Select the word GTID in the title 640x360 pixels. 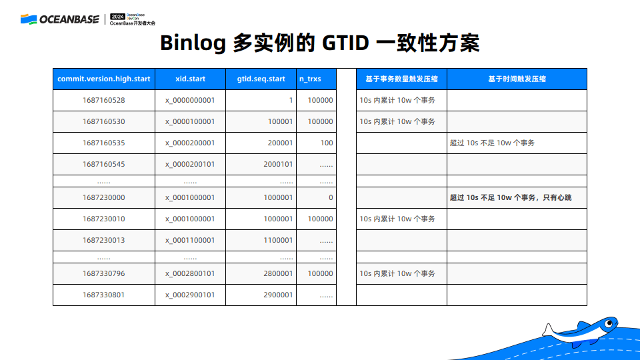(345, 43)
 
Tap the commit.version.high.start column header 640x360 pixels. (104, 79)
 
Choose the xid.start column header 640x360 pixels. (190, 79)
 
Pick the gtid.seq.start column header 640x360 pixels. (261, 79)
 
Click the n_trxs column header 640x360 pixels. (310, 79)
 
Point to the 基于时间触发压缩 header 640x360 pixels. (517, 79)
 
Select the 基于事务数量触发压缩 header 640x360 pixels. (401, 79)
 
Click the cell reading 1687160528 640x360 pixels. (104, 100)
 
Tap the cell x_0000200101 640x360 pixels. (190, 164)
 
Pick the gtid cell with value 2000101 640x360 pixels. (278, 164)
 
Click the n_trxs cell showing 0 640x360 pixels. (331, 197)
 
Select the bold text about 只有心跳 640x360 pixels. (511, 197)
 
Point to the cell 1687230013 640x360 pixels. (104, 240)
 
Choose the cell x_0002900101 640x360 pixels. (190, 295)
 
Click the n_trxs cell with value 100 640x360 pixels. (327, 143)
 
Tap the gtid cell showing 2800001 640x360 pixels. (278, 273)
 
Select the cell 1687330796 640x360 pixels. (104, 273)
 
